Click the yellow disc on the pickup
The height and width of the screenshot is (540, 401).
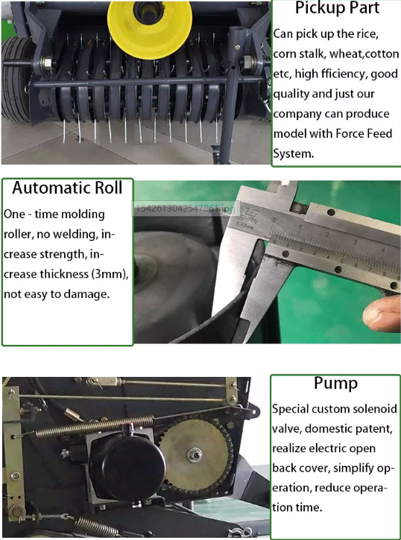click(150, 26)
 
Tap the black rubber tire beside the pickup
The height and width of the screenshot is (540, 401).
click(16, 78)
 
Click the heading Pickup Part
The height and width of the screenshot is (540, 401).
click(337, 8)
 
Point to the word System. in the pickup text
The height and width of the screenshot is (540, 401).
click(294, 153)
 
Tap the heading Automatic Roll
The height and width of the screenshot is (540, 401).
click(67, 188)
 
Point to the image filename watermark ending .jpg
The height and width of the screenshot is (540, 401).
click(185, 209)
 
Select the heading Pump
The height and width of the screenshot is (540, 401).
click(335, 384)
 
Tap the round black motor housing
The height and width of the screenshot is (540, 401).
click(127, 463)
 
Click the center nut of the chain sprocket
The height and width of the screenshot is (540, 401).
click(195, 455)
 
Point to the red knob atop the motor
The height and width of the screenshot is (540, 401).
click(130, 427)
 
